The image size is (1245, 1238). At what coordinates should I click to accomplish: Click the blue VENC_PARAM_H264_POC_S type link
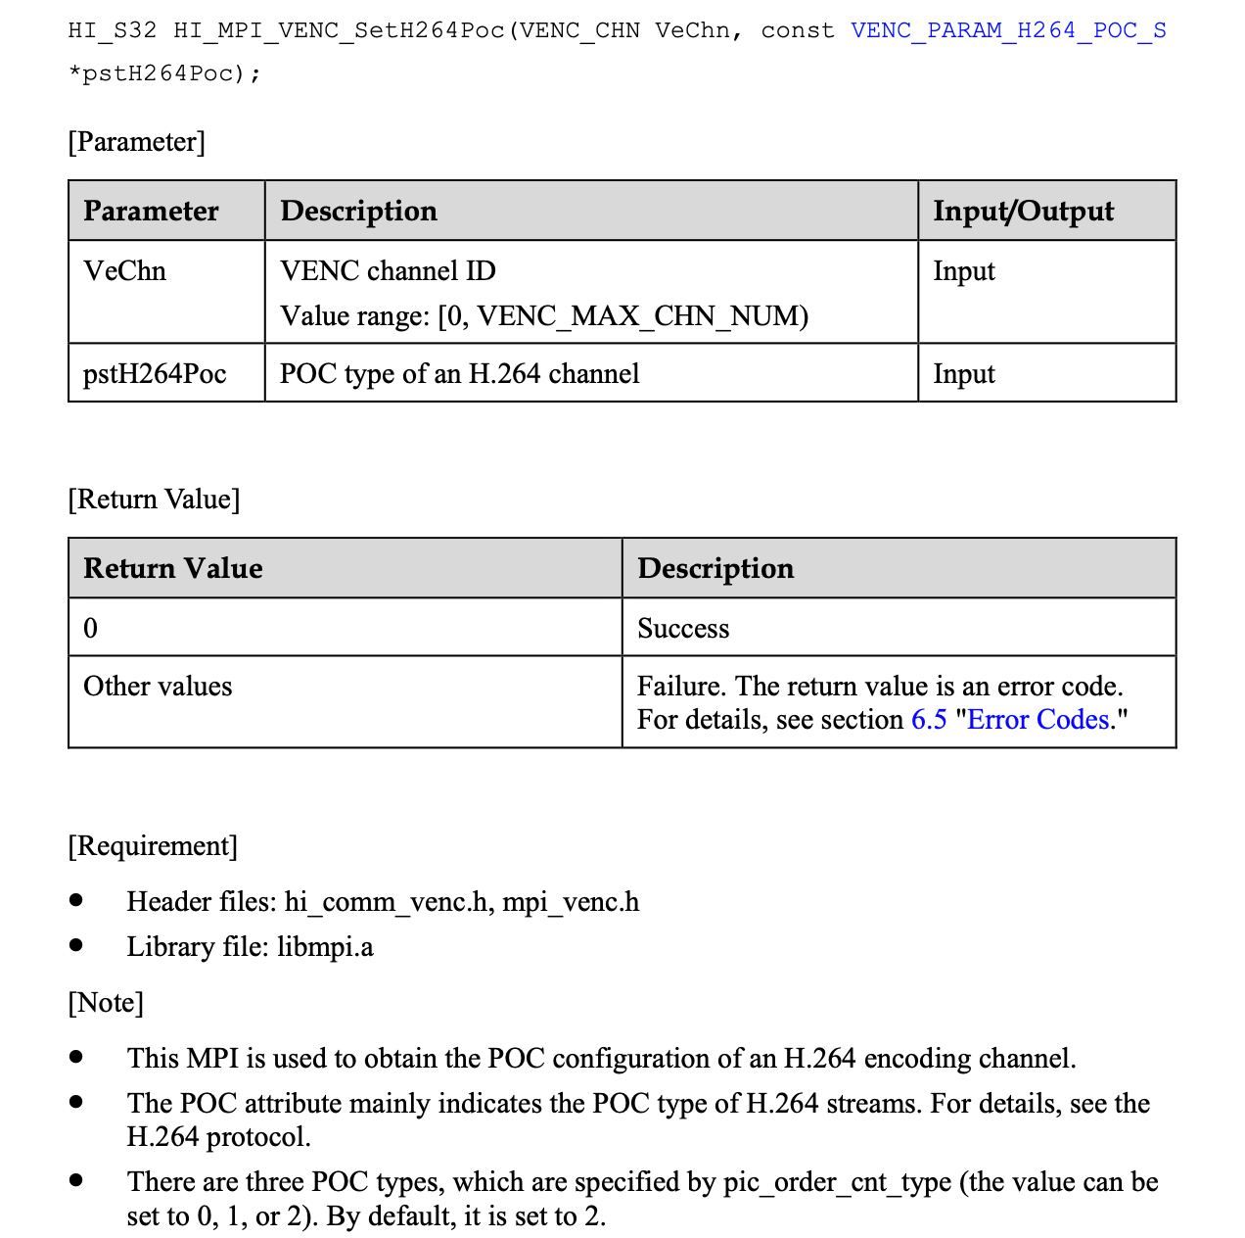[x=1008, y=30]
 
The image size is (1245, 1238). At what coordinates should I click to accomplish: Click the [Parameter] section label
[x=136, y=142]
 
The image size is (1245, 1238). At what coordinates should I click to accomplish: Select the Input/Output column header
[x=1023, y=211]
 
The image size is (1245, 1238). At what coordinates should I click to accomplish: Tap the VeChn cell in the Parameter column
[x=124, y=271]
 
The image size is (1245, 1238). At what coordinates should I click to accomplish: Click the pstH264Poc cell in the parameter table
[x=155, y=374]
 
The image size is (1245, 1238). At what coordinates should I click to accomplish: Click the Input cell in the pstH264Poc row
[x=963, y=374]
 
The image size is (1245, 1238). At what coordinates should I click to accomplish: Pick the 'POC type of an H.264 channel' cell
[x=459, y=374]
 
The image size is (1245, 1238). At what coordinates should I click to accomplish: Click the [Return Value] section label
[x=154, y=500]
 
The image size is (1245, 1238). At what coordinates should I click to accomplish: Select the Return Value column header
[x=172, y=568]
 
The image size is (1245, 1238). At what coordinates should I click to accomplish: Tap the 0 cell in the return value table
[x=91, y=629]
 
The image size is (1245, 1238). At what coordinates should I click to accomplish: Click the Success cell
[x=683, y=629]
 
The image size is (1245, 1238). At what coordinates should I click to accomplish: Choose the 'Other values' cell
[x=158, y=687]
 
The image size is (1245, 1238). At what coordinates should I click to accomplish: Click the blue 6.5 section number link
[x=929, y=720]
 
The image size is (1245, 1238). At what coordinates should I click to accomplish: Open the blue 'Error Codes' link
[x=1037, y=720]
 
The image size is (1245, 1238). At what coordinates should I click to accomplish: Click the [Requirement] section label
[x=153, y=846]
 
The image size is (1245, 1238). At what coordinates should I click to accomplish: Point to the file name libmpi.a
[x=325, y=947]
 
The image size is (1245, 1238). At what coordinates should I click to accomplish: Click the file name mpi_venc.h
[x=571, y=902]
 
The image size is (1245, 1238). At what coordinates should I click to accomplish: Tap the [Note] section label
[x=106, y=1003]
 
